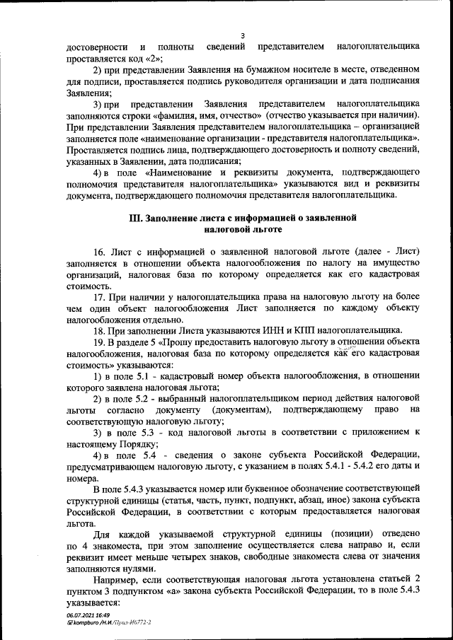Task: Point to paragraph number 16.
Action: [99, 252]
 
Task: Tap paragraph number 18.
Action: [99, 330]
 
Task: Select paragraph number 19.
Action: [99, 342]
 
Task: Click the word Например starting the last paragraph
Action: [117, 579]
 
